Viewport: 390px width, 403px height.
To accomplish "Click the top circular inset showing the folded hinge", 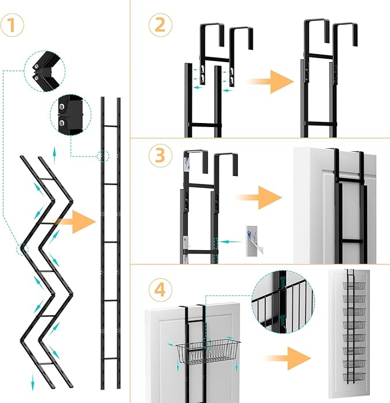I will (45, 70).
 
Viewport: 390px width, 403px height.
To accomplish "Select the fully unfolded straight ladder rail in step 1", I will (110, 241).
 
